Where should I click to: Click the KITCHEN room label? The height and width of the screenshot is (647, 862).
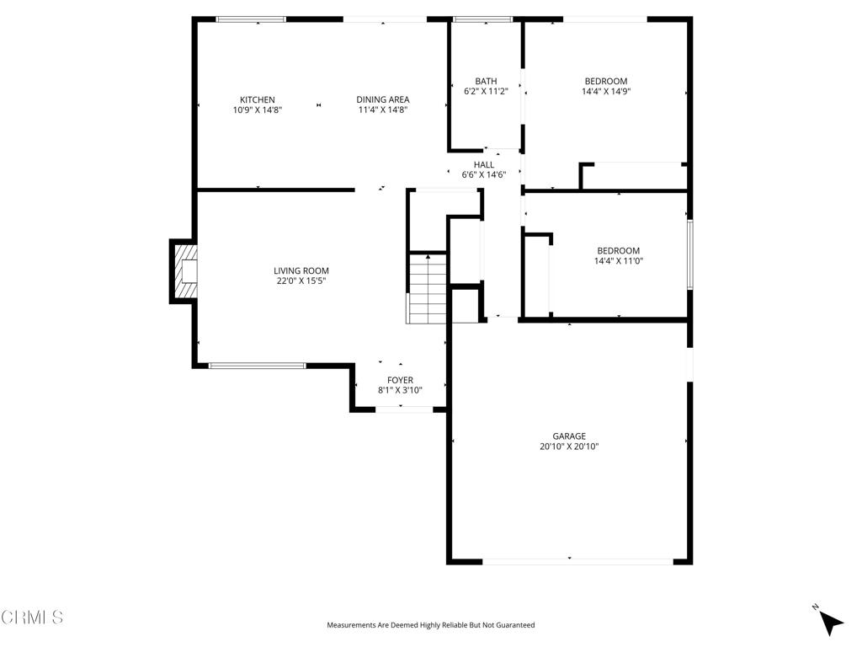pyautogui.click(x=257, y=99)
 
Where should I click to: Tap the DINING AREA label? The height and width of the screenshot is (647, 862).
pyautogui.click(x=383, y=99)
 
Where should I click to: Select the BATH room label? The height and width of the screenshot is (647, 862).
pyautogui.click(x=486, y=82)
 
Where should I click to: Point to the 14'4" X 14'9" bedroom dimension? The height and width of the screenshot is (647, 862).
pyautogui.click(x=606, y=91)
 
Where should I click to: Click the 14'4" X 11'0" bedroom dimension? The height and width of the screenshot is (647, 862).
pyautogui.click(x=618, y=261)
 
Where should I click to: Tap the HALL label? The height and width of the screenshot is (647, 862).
pyautogui.click(x=484, y=165)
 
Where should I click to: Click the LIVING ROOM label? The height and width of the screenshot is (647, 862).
pyautogui.click(x=301, y=270)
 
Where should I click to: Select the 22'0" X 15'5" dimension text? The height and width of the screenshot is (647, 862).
pyautogui.click(x=301, y=281)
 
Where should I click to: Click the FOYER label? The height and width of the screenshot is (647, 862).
pyautogui.click(x=400, y=380)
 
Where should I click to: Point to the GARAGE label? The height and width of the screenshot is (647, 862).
pyautogui.click(x=569, y=436)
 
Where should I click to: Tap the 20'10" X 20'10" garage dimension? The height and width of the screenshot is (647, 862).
pyautogui.click(x=569, y=446)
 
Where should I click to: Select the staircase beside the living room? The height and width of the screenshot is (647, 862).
pyautogui.click(x=427, y=289)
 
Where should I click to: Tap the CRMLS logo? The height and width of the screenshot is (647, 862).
pyautogui.click(x=32, y=618)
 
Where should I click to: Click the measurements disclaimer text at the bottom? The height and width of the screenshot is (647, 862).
pyautogui.click(x=430, y=625)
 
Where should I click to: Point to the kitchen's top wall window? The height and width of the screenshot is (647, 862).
pyautogui.click(x=251, y=19)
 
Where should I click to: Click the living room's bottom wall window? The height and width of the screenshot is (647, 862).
pyautogui.click(x=257, y=366)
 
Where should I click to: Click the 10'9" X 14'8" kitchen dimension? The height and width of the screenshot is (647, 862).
pyautogui.click(x=257, y=110)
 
